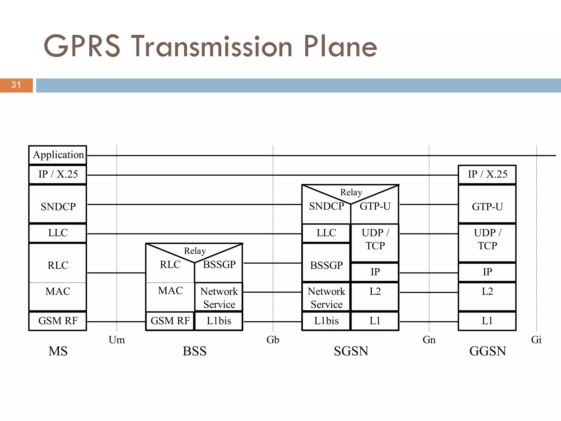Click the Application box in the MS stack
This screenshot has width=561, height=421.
tap(58, 155)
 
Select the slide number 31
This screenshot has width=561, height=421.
tap(16, 85)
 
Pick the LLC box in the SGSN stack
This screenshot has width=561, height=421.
tap(326, 233)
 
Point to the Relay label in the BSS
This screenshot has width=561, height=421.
tap(195, 251)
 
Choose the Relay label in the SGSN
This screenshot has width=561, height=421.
tap(351, 192)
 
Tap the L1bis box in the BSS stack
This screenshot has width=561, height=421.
tap(219, 321)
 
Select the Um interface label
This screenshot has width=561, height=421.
tap(117, 340)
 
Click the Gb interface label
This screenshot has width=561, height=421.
tap(273, 340)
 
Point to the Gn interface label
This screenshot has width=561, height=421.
tap(429, 340)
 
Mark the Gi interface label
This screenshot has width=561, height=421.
tap(536, 340)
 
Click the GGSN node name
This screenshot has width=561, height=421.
tap(488, 351)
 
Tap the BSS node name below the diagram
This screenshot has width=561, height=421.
tap(194, 351)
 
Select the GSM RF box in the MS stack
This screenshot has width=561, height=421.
tap(58, 321)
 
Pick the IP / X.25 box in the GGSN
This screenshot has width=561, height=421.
tap(487, 174)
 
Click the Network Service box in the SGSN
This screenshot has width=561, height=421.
tap(326, 297)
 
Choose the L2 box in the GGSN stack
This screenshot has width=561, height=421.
tap(487, 296)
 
